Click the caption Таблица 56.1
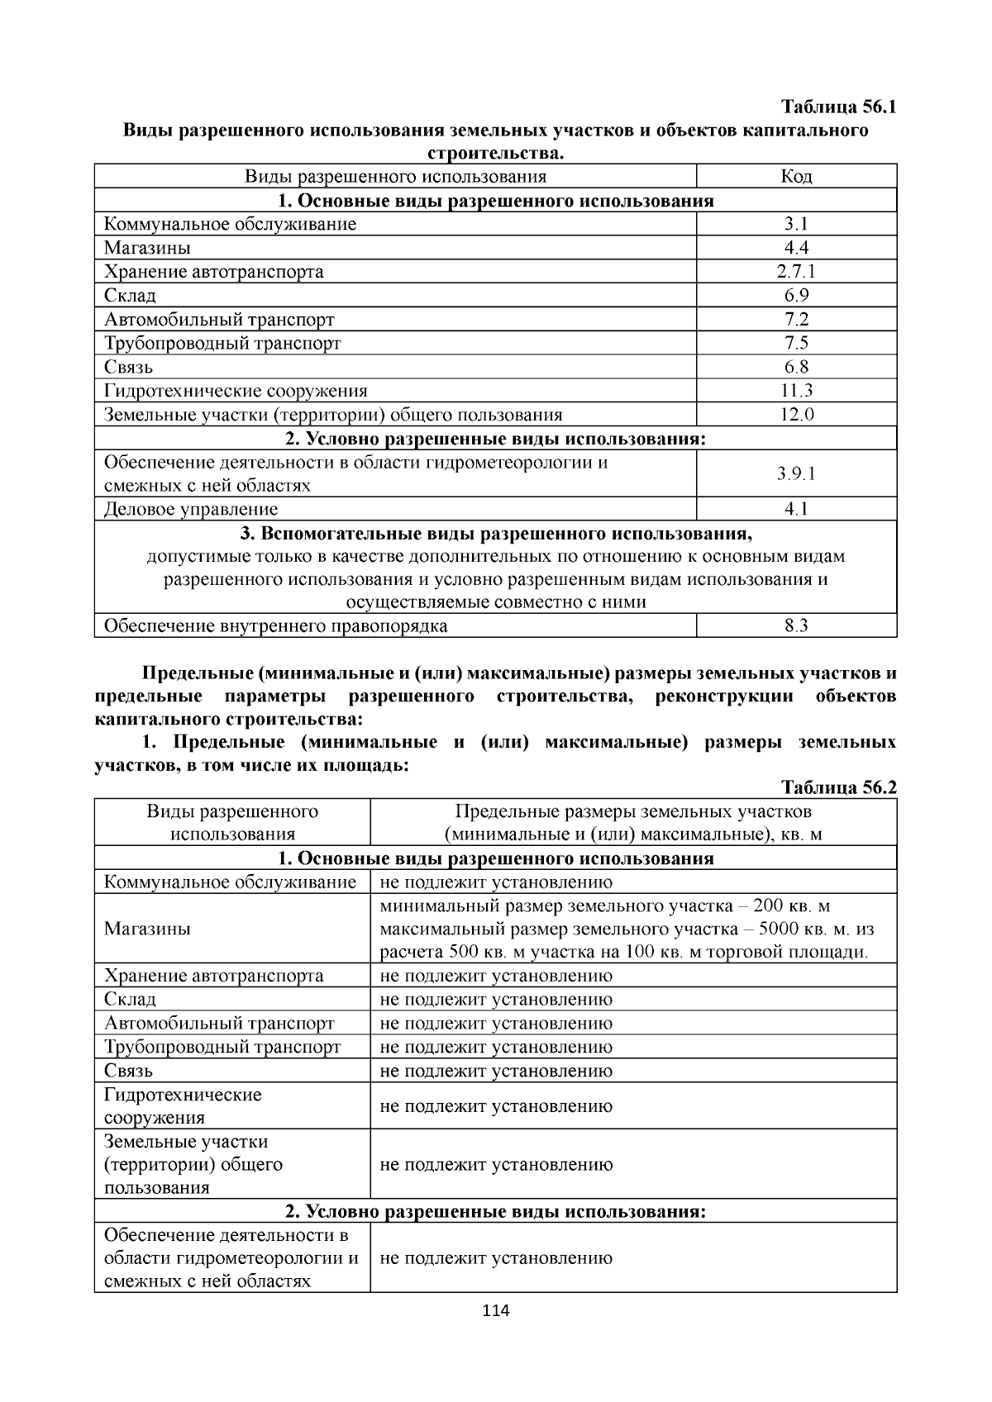click(x=838, y=107)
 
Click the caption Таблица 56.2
click(x=838, y=787)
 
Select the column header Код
click(x=796, y=177)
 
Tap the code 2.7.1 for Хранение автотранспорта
click(x=796, y=272)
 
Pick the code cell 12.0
click(x=796, y=415)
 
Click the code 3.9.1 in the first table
click(x=796, y=474)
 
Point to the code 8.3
click(x=796, y=626)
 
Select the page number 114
click(x=496, y=1310)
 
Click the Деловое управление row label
click(x=191, y=510)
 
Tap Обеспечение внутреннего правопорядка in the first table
click(x=275, y=626)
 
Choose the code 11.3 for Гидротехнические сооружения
click(x=796, y=391)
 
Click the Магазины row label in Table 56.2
click(x=147, y=929)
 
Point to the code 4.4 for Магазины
click(x=796, y=248)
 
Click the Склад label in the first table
click(x=130, y=296)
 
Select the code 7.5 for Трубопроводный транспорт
click(x=796, y=343)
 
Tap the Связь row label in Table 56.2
click(x=128, y=1072)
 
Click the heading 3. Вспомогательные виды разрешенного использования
click(x=495, y=533)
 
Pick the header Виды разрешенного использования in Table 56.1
click(x=395, y=177)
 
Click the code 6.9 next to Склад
click(x=796, y=296)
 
